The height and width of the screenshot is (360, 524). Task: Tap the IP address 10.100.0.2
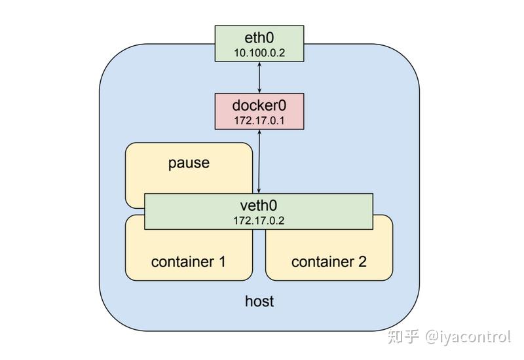coord(259,52)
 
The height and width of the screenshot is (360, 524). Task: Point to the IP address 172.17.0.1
coord(259,120)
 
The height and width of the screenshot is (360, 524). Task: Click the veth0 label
coord(259,204)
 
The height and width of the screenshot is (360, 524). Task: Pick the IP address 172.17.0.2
coord(259,220)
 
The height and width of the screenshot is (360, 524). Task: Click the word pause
coord(189,162)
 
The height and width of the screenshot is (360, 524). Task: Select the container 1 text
coord(189,262)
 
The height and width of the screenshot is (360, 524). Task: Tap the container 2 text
coord(329,262)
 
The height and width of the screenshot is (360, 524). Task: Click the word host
coord(259,301)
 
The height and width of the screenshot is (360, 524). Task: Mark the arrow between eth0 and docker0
coord(260,78)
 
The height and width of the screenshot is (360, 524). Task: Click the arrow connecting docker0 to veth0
coord(260,160)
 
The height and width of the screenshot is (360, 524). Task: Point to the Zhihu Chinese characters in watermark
coord(403,336)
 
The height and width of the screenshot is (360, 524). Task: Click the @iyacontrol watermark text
coord(468,336)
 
